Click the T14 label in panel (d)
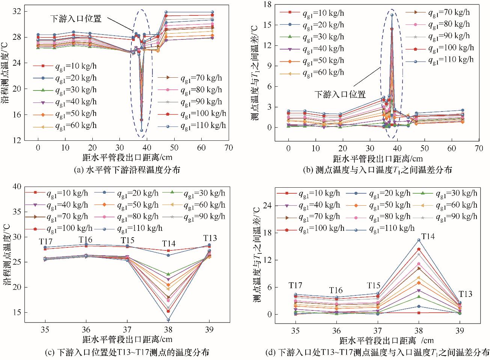(428, 236)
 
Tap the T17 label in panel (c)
(46, 241)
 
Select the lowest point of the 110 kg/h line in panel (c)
(168, 320)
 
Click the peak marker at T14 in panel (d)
(419, 240)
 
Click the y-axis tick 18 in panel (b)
(267, 4)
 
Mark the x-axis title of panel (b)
(377, 158)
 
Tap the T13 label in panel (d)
(465, 294)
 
